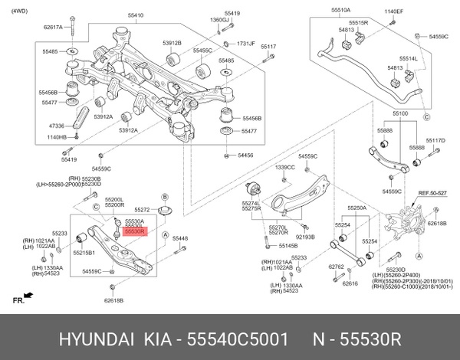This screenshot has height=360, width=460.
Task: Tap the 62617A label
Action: tap(54, 27)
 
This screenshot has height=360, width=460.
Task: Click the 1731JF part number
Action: tap(245, 44)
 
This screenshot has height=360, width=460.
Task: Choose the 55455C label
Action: tap(202, 50)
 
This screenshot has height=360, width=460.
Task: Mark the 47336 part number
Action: tap(57, 124)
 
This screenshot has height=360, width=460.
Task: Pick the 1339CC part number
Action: tap(284, 167)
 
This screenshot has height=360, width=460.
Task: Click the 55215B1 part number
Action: tap(84, 252)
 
